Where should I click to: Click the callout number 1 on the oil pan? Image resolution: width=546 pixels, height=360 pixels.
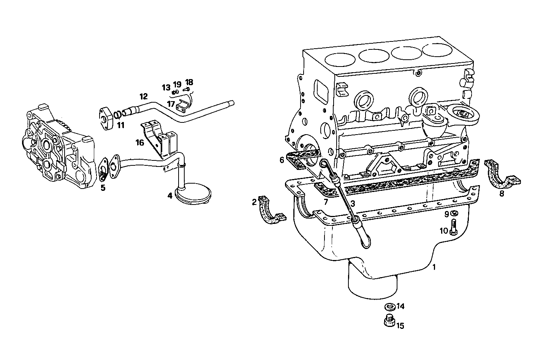pos(434,267)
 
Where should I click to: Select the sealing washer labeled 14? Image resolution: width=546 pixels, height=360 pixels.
pos(389,306)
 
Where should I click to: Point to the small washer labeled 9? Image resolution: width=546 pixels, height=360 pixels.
pos(454,214)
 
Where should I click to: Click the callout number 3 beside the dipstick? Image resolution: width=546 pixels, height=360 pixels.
pos(353,203)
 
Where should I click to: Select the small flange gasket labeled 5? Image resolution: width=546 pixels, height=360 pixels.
pos(103,171)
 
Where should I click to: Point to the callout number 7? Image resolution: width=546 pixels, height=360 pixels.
pos(326,202)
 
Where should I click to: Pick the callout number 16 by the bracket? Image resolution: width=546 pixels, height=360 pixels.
pos(140,143)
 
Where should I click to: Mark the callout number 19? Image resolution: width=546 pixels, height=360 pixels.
pos(177,84)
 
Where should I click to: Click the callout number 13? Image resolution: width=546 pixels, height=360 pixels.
pos(166,88)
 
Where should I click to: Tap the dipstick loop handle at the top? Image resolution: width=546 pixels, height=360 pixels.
pos(324,164)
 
